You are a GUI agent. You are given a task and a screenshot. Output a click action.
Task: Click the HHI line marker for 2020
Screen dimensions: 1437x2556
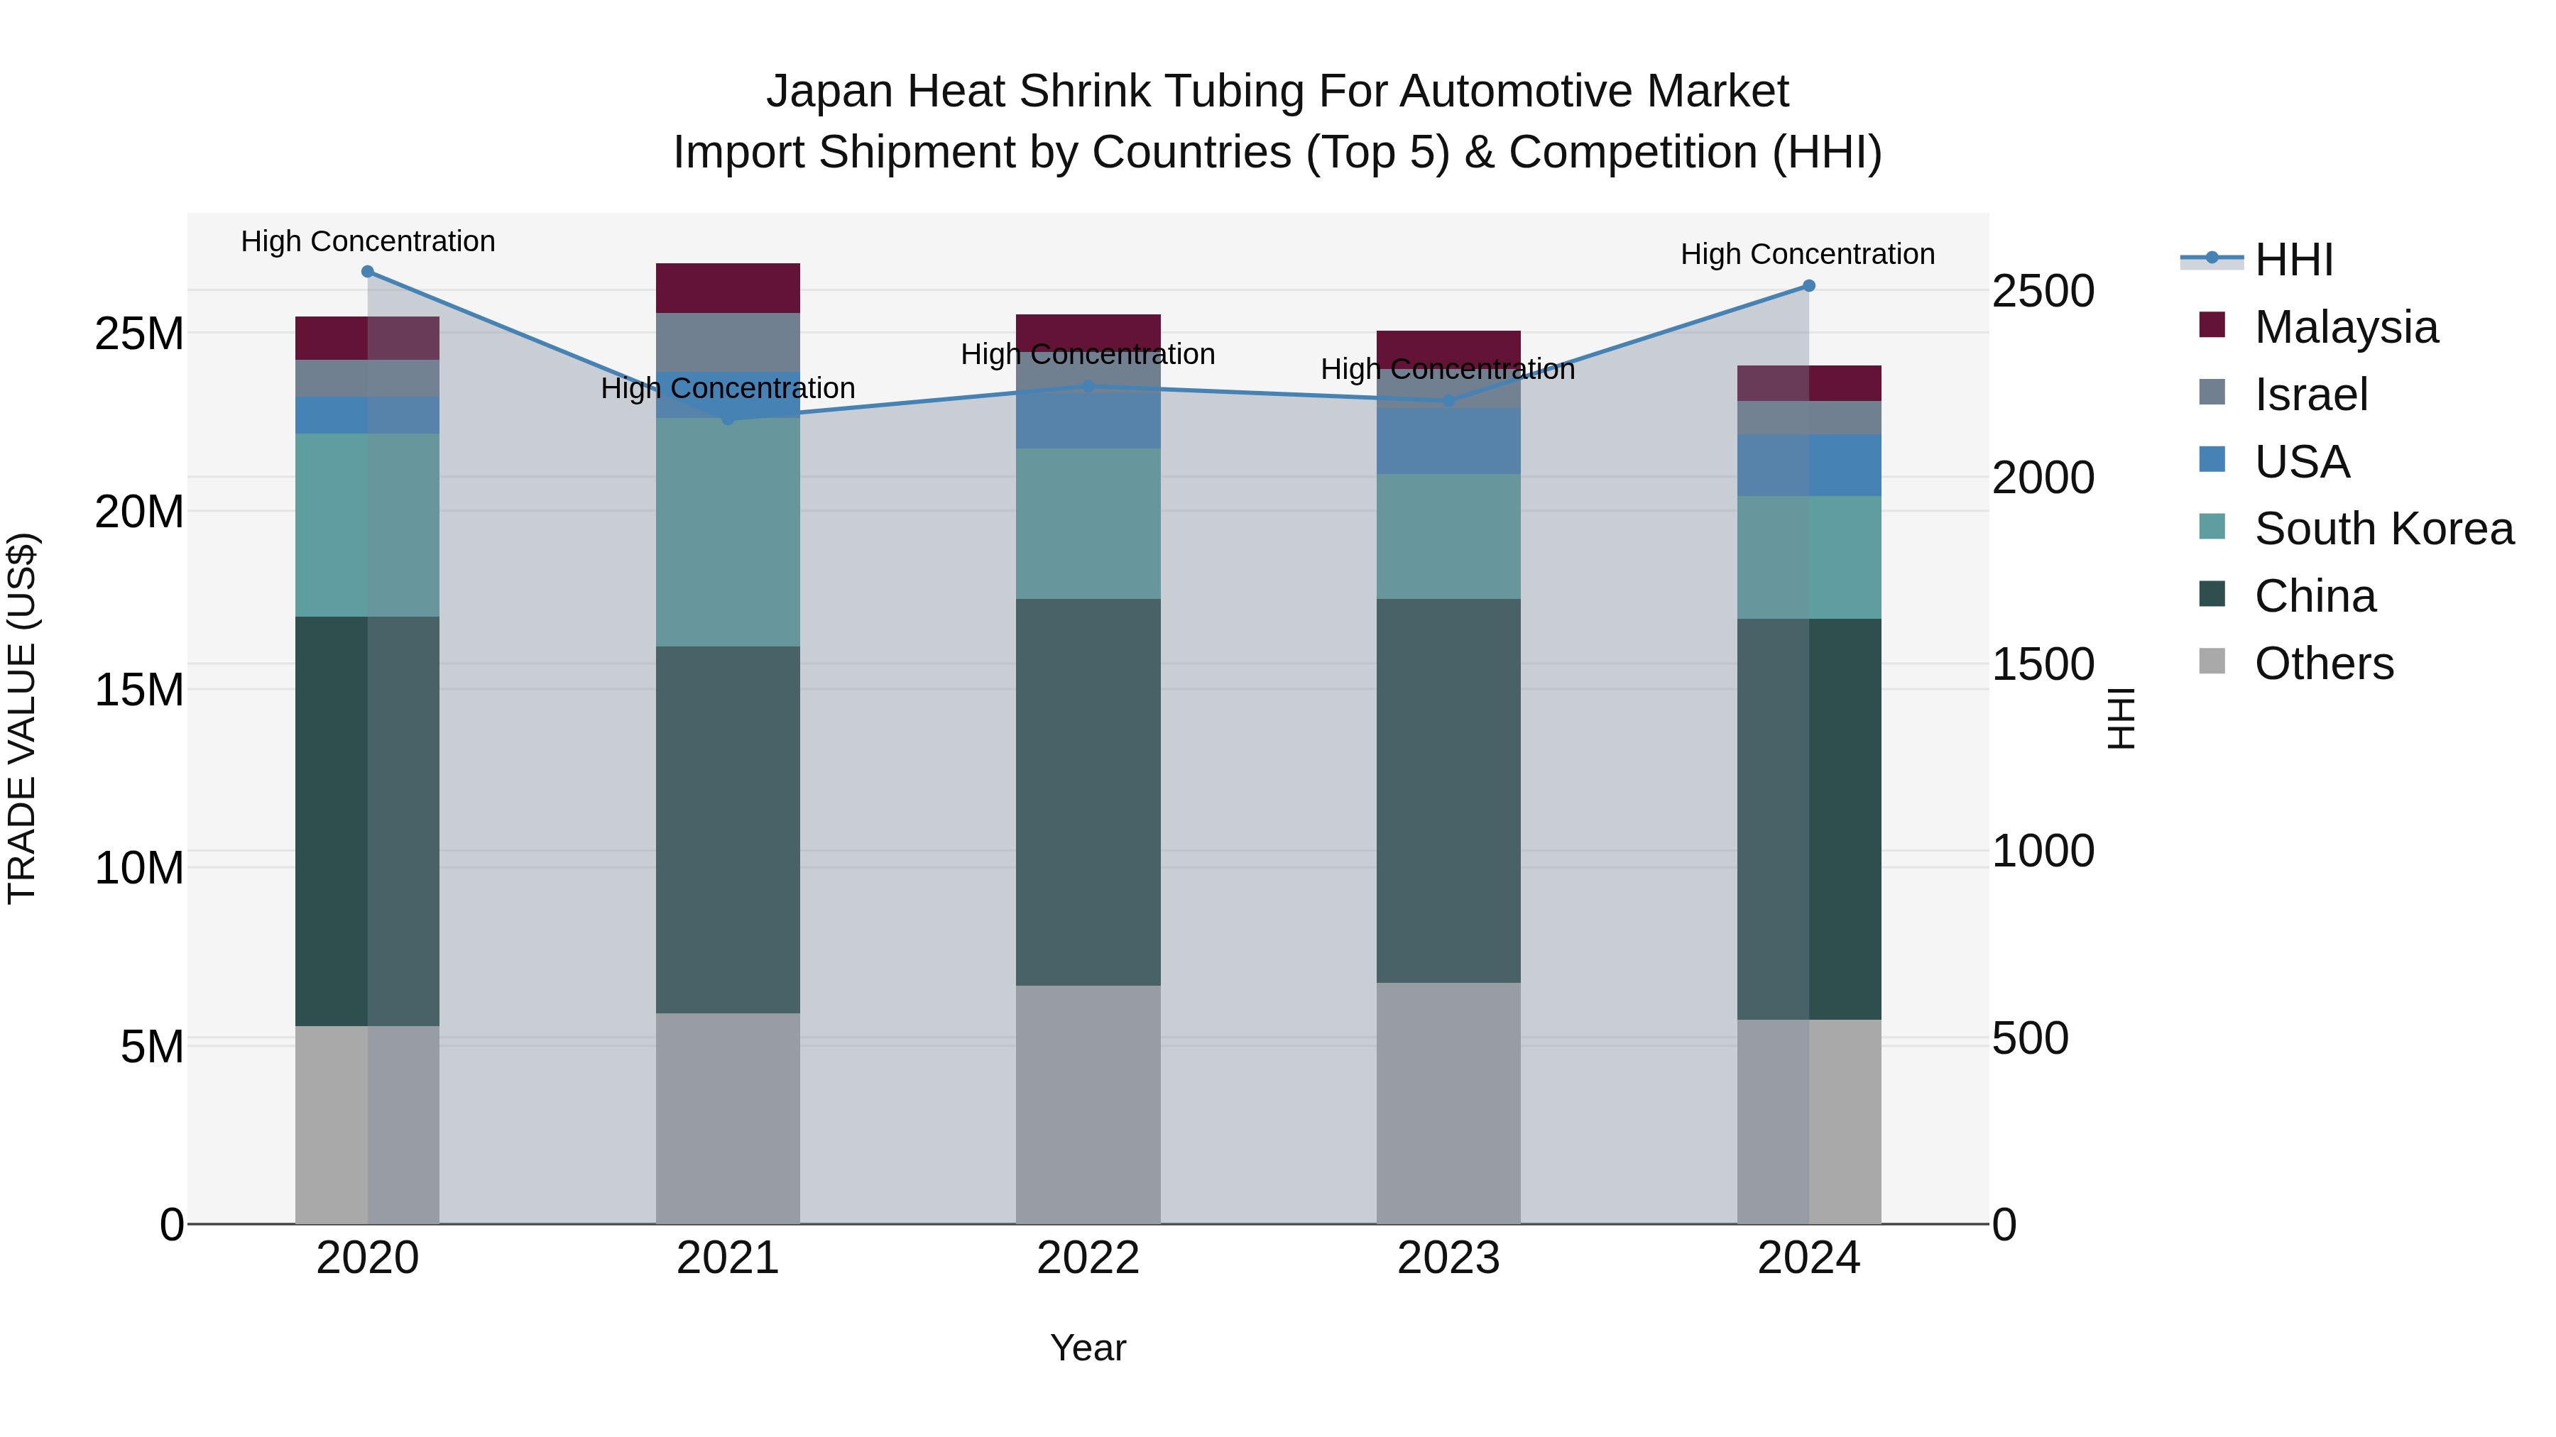tap(367, 272)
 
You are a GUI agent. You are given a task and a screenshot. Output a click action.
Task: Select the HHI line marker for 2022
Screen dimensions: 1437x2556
tap(1088, 387)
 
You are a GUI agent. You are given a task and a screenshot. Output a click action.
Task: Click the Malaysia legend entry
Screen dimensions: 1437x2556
tap(2346, 327)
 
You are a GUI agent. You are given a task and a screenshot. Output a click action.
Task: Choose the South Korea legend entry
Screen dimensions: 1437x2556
tap(2383, 529)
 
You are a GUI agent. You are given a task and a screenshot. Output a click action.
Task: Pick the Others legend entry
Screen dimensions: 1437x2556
tap(2324, 664)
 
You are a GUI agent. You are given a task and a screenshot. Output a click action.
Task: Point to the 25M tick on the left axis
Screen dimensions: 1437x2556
tap(139, 334)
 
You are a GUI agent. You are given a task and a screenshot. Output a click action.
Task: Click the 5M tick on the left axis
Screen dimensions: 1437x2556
tap(152, 1046)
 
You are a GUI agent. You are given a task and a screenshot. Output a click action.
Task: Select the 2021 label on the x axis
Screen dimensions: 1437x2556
tap(727, 1258)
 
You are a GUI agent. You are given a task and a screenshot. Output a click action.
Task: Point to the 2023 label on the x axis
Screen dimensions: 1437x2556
tap(1448, 1258)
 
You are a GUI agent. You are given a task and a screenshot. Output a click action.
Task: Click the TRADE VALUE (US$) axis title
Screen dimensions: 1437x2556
tap(22, 718)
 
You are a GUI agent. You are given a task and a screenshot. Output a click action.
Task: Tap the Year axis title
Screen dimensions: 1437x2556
tap(1088, 1348)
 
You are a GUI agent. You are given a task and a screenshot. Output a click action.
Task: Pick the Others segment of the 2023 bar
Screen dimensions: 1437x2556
tap(1448, 1103)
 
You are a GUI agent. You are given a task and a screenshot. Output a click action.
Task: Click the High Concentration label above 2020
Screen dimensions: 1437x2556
tap(367, 241)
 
